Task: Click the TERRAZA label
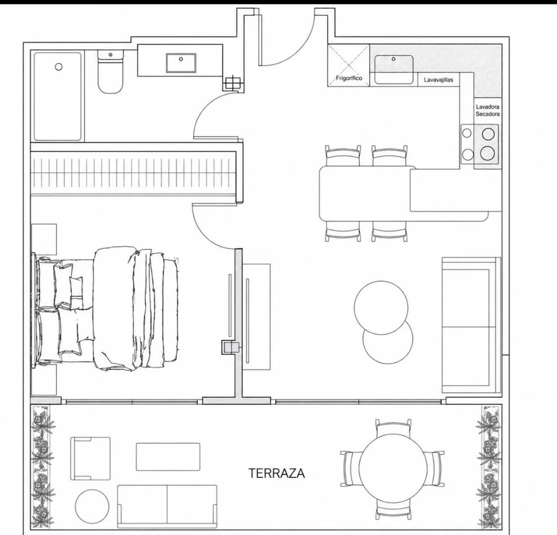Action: tap(277, 473)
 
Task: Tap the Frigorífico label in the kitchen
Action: tap(349, 78)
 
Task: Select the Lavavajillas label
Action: tap(439, 80)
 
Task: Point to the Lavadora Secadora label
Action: tap(488, 110)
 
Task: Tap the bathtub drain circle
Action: tap(58, 67)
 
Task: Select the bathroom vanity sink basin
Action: tap(181, 63)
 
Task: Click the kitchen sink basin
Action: tap(393, 69)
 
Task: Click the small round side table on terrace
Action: tap(92, 506)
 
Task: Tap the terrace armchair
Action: tap(90, 458)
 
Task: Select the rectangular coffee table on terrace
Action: tap(168, 457)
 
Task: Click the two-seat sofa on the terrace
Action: tap(167, 506)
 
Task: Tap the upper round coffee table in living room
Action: tap(381, 308)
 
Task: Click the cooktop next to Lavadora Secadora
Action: tap(480, 144)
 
